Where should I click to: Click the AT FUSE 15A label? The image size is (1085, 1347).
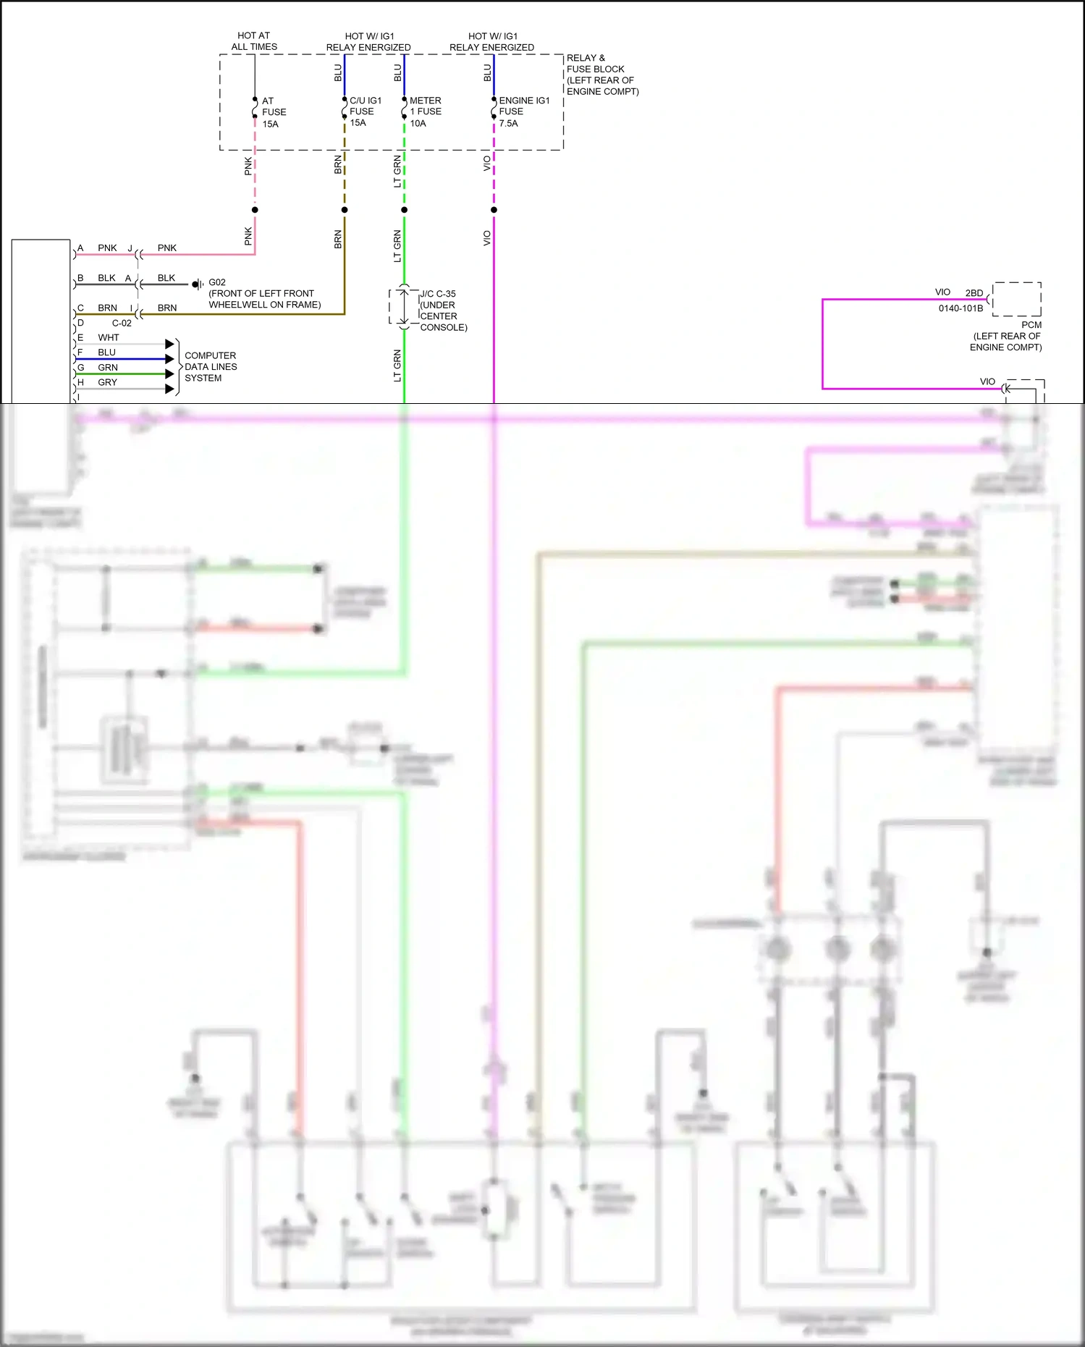click(274, 112)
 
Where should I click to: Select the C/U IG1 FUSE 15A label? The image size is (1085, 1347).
click(364, 111)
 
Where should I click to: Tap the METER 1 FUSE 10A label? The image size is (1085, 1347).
click(425, 111)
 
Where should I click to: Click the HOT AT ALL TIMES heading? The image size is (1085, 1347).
click(254, 41)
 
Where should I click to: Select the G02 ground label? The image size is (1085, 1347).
click(217, 282)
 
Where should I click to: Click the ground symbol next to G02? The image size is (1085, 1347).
click(198, 284)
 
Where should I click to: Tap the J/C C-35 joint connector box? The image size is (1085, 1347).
click(404, 308)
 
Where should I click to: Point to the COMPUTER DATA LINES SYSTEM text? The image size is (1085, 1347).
click(210, 366)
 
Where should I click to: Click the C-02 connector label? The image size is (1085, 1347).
click(122, 323)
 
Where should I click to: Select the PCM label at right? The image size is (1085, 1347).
click(1031, 325)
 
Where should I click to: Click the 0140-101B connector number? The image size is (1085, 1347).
click(961, 308)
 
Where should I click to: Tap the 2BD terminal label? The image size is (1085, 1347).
click(974, 293)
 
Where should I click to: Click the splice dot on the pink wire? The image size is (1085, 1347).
click(255, 210)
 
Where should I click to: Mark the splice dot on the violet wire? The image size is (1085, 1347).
click(494, 210)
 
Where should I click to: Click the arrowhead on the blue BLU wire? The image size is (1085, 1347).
click(170, 359)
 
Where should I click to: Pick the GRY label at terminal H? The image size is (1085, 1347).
click(107, 382)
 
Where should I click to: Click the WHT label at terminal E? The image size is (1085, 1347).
click(109, 337)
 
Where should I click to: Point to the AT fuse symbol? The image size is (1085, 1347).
click(255, 109)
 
